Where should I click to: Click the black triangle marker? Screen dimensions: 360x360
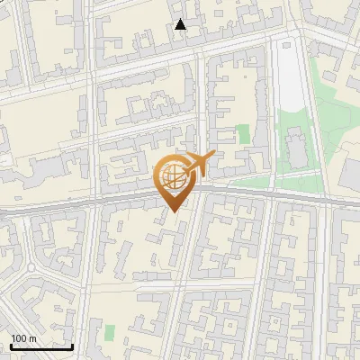click(x=181, y=24)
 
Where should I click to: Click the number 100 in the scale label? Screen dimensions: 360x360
click(x=19, y=338)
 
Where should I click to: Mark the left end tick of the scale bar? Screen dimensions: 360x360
click(x=10, y=346)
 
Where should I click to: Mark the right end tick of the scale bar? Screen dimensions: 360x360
click(x=73, y=346)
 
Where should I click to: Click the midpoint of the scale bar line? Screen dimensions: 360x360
click(x=41, y=346)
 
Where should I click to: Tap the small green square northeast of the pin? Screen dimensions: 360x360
click(x=243, y=135)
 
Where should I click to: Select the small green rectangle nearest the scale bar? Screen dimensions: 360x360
click(x=110, y=333)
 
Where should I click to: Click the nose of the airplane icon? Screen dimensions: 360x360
click(x=213, y=157)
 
